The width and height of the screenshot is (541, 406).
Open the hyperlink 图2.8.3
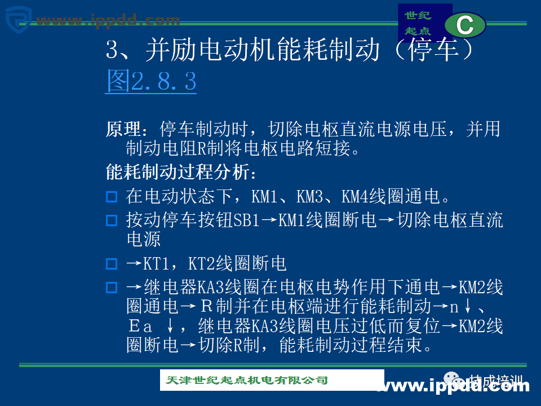point(151,82)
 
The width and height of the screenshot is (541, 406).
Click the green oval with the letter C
point(465,25)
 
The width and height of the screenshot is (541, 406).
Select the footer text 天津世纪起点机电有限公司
point(247,380)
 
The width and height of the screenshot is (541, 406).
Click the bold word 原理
point(123,129)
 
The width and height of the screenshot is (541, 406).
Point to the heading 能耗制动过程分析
point(180,171)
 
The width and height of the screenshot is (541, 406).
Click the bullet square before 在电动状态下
point(112,197)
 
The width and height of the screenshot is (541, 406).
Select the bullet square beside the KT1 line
point(112,264)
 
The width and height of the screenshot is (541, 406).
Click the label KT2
point(202,263)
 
